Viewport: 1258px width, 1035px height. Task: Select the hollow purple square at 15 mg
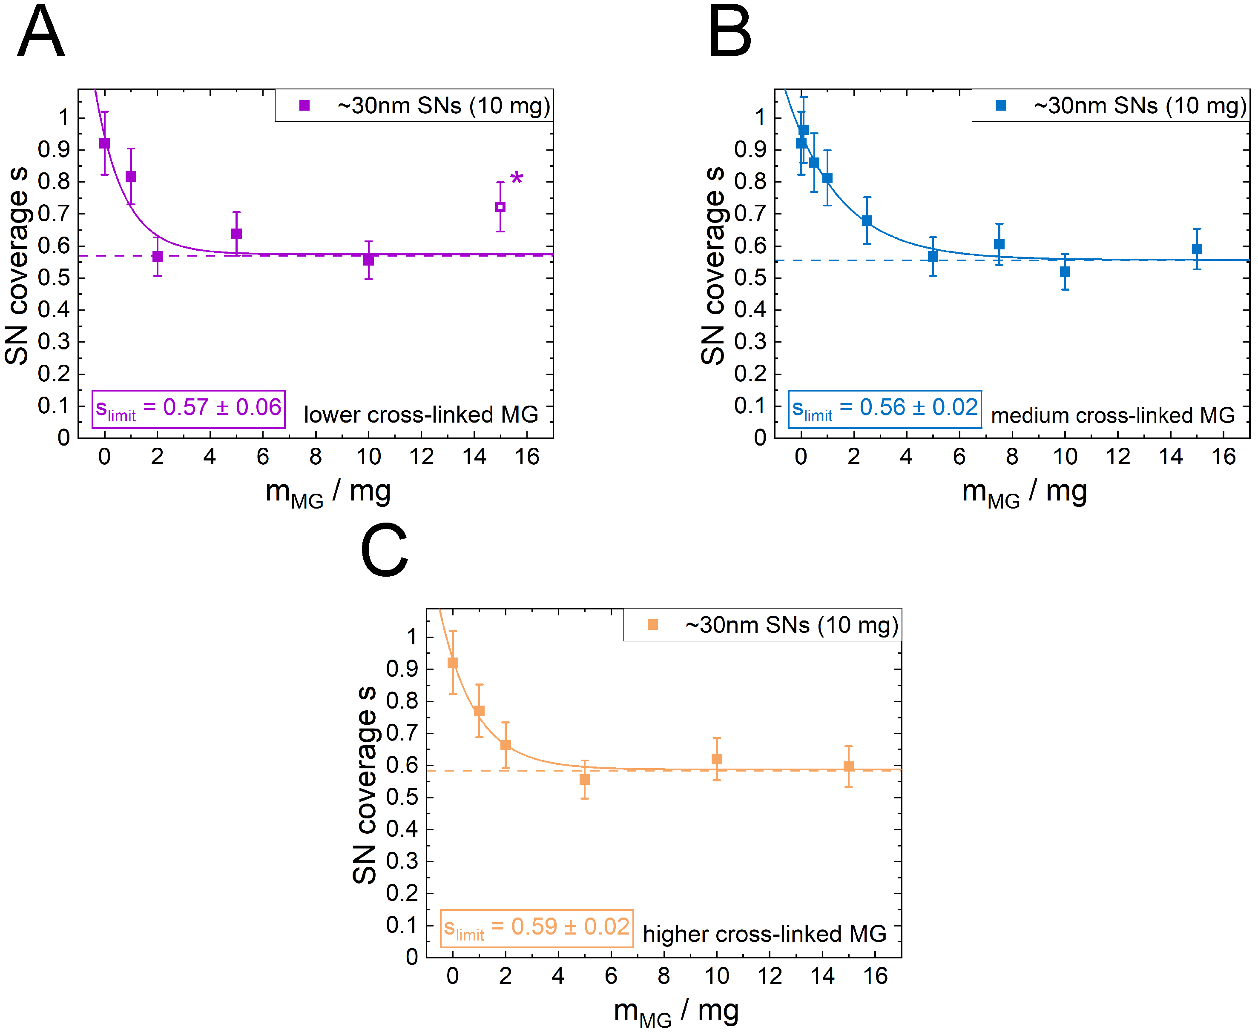pyautogui.click(x=500, y=207)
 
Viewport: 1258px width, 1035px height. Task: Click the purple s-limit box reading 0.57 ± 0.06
pyautogui.click(x=189, y=409)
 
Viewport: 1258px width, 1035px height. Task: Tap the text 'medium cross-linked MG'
pyautogui.click(x=1112, y=415)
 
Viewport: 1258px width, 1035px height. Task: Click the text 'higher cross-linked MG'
pyautogui.click(x=765, y=934)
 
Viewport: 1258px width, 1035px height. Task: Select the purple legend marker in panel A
pyautogui.click(x=304, y=106)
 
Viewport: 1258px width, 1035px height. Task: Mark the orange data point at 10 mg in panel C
pyautogui.click(x=717, y=759)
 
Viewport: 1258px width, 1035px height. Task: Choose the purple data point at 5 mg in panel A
pyautogui.click(x=236, y=234)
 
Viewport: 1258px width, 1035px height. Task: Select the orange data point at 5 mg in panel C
pyautogui.click(x=585, y=779)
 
